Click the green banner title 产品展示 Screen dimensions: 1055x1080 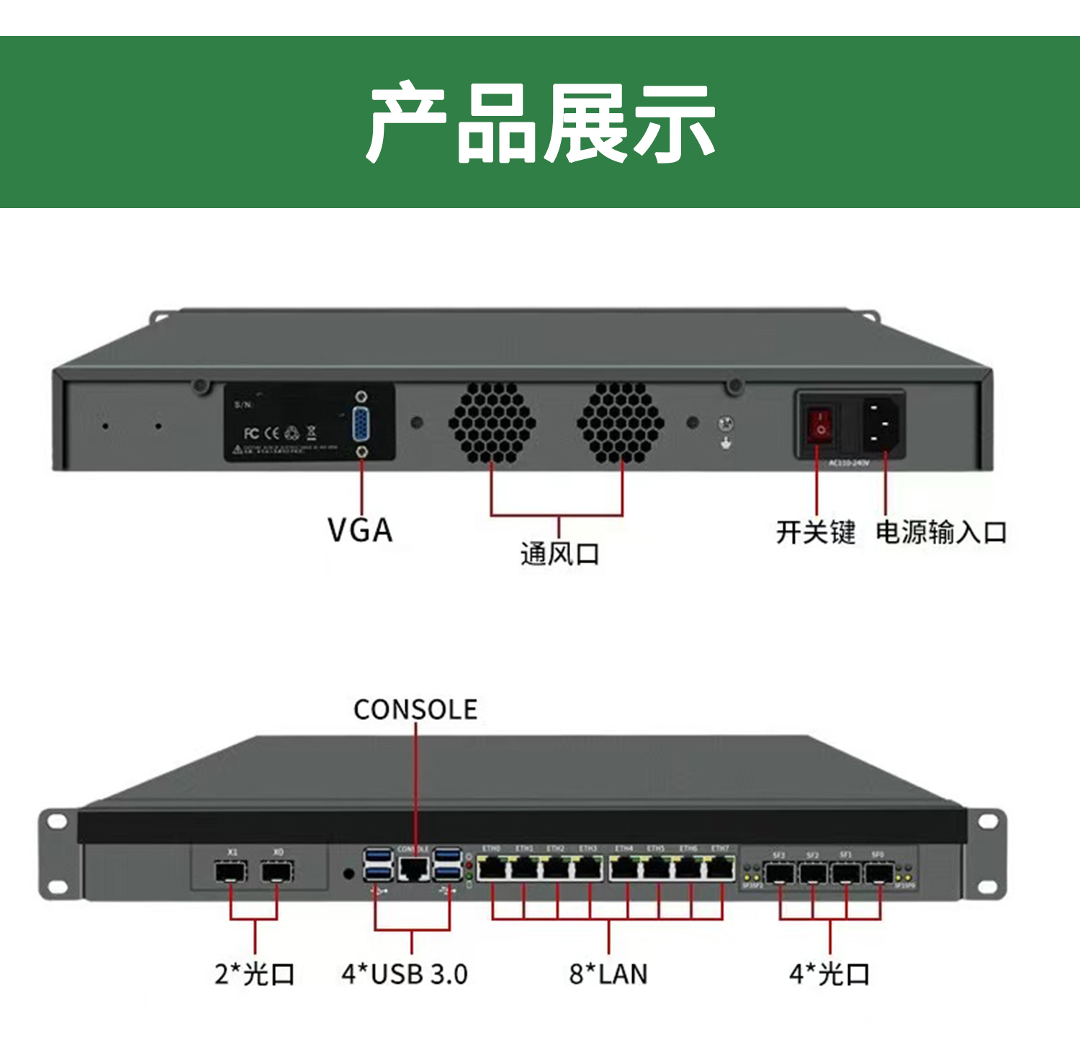point(540,122)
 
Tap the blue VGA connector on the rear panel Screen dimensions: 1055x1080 point(361,424)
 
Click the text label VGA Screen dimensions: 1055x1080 point(360,531)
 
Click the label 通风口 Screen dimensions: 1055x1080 point(559,554)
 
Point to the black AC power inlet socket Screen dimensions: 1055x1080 point(883,424)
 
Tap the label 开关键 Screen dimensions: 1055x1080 point(816,533)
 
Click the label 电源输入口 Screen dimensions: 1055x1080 point(941,533)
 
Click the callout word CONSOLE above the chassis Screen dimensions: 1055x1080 point(415,710)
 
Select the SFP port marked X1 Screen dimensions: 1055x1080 point(231,872)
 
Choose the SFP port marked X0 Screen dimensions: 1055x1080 point(277,872)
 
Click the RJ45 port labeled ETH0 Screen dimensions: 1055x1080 point(492,869)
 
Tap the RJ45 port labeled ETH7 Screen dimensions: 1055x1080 point(720,869)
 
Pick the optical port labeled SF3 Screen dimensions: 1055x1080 point(779,874)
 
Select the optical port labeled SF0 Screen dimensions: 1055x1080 point(879,874)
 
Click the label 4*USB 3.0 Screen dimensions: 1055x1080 point(405,974)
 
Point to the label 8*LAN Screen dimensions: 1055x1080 point(608,974)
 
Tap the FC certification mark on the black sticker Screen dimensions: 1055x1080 point(251,433)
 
